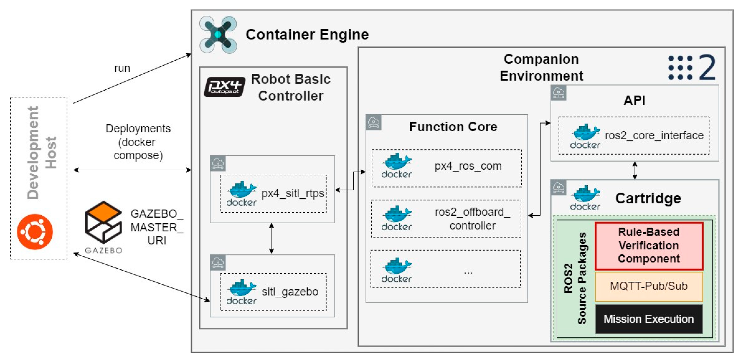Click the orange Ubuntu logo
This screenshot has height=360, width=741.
pos(35,231)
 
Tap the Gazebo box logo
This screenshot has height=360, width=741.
pos(103,222)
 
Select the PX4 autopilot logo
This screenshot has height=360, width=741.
pos(225,87)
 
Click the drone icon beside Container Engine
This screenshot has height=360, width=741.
pos(218,35)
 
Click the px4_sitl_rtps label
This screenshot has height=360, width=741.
pos(292,193)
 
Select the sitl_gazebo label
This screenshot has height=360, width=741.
pos(290,292)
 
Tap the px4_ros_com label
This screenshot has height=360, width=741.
pos(468,166)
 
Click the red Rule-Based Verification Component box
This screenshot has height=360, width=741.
pos(649,245)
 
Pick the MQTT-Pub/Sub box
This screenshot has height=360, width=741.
pos(649,286)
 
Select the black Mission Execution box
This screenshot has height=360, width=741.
pos(649,319)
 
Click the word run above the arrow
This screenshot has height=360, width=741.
pos(122,68)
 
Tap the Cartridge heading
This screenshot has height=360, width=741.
pos(648,198)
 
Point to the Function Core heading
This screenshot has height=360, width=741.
pos(453,127)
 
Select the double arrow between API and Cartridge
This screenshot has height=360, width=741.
pos(635,170)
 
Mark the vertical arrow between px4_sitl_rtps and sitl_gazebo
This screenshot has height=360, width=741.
pos(271,238)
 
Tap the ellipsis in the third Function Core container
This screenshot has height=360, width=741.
pos(468,272)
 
